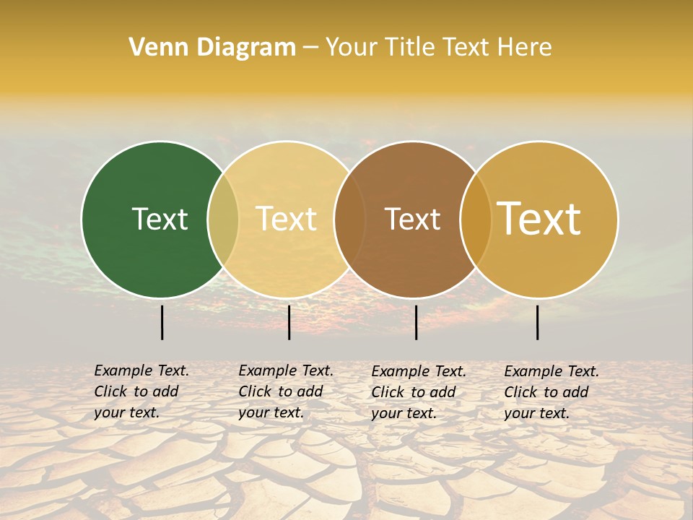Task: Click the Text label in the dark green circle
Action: point(160,219)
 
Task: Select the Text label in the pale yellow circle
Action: point(287,219)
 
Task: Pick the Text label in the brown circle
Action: point(412,219)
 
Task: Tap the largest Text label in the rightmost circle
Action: point(539,219)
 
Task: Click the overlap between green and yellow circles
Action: point(223,220)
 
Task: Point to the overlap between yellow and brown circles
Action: point(349,220)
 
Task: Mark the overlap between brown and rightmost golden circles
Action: point(476,220)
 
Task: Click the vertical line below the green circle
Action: point(162,322)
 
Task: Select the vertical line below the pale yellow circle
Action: point(289,322)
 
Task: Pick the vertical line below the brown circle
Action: point(416,322)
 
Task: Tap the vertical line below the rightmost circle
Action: point(537,322)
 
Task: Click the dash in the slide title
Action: point(310,48)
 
